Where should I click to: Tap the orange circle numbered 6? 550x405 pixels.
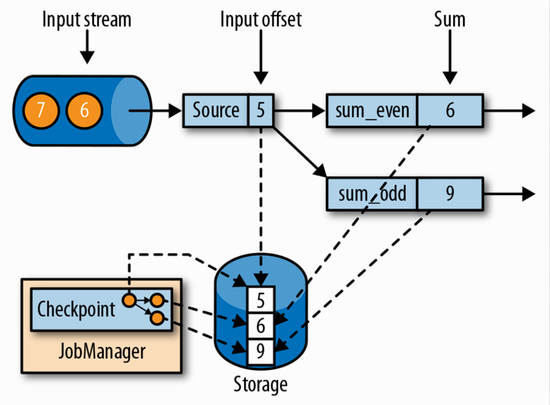(x=84, y=110)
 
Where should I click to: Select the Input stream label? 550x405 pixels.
(x=87, y=20)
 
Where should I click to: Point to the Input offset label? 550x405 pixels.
(x=261, y=20)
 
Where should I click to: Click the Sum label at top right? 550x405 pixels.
(x=449, y=20)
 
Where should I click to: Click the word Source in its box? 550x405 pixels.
(x=216, y=110)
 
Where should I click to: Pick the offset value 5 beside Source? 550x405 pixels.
(x=261, y=110)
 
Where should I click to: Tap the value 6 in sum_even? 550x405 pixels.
(x=450, y=110)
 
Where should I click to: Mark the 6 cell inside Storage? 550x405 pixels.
(x=261, y=326)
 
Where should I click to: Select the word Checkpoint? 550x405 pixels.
(x=76, y=309)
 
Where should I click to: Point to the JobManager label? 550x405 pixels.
(x=102, y=351)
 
